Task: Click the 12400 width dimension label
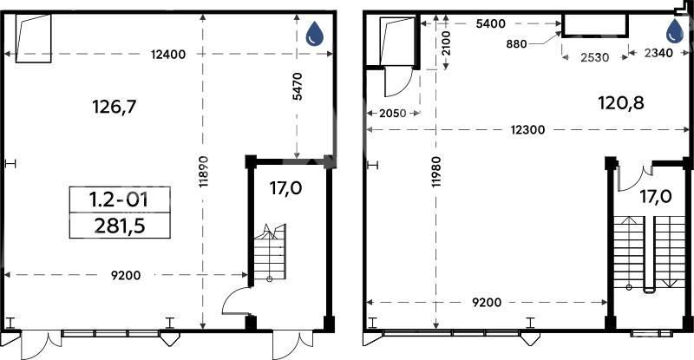pyautogui.click(x=167, y=55)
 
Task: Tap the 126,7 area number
pyautogui.click(x=115, y=107)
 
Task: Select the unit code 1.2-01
pyautogui.click(x=119, y=200)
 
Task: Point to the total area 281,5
pyautogui.click(x=120, y=226)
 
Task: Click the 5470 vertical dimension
pyautogui.click(x=298, y=87)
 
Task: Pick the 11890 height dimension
pyautogui.click(x=204, y=172)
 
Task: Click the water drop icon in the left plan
pyautogui.click(x=315, y=33)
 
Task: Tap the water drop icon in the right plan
pyautogui.click(x=675, y=30)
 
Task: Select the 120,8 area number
pyautogui.click(x=621, y=103)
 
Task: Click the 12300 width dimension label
pyautogui.click(x=527, y=130)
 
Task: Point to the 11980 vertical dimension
pyautogui.click(x=437, y=172)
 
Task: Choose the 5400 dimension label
pyautogui.click(x=490, y=23)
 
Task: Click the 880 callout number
pyautogui.click(x=516, y=44)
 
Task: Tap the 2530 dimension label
pyautogui.click(x=594, y=57)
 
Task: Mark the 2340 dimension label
pyautogui.click(x=658, y=53)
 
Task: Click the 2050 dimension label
pyautogui.click(x=393, y=114)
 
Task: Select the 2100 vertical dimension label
pyautogui.click(x=446, y=43)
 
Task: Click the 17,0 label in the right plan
pyautogui.click(x=656, y=196)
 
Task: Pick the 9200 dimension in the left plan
pyautogui.click(x=126, y=276)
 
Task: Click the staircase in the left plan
pyautogui.click(x=270, y=252)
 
